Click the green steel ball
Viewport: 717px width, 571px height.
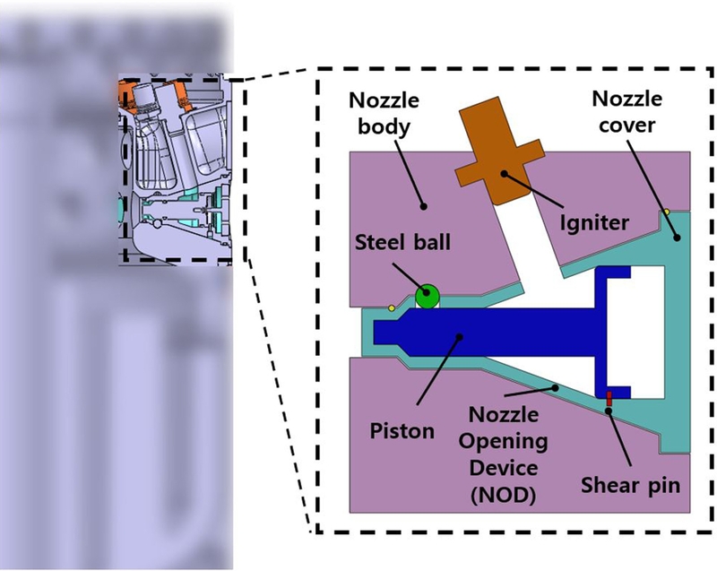(x=428, y=295)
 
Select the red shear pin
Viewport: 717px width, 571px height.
(x=609, y=397)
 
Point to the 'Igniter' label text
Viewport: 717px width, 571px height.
(x=592, y=221)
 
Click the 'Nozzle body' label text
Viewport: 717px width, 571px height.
(x=380, y=113)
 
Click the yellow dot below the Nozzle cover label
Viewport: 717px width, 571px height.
(x=666, y=212)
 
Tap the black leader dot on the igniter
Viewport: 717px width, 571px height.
(x=504, y=174)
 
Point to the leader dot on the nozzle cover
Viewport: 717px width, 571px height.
(x=677, y=238)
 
